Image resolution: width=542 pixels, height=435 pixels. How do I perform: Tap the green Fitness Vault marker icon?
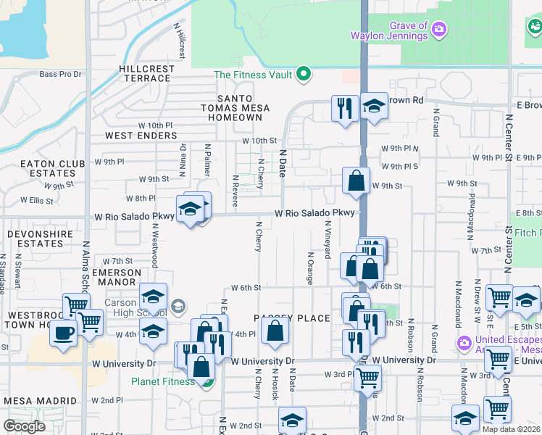(304, 74)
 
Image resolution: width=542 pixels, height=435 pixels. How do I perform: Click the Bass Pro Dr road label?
(60, 74)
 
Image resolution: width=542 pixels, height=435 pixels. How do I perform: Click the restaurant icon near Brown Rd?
(344, 107)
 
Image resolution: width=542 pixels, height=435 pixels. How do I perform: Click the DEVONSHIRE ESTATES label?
(40, 239)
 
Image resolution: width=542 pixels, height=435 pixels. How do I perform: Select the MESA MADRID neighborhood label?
(40, 401)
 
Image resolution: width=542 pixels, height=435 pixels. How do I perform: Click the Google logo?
(24, 426)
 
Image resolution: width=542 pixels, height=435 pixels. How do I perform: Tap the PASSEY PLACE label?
(291, 318)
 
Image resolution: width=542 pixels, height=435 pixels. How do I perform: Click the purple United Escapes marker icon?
(464, 341)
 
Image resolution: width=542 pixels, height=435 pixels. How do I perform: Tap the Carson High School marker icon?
(178, 306)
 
